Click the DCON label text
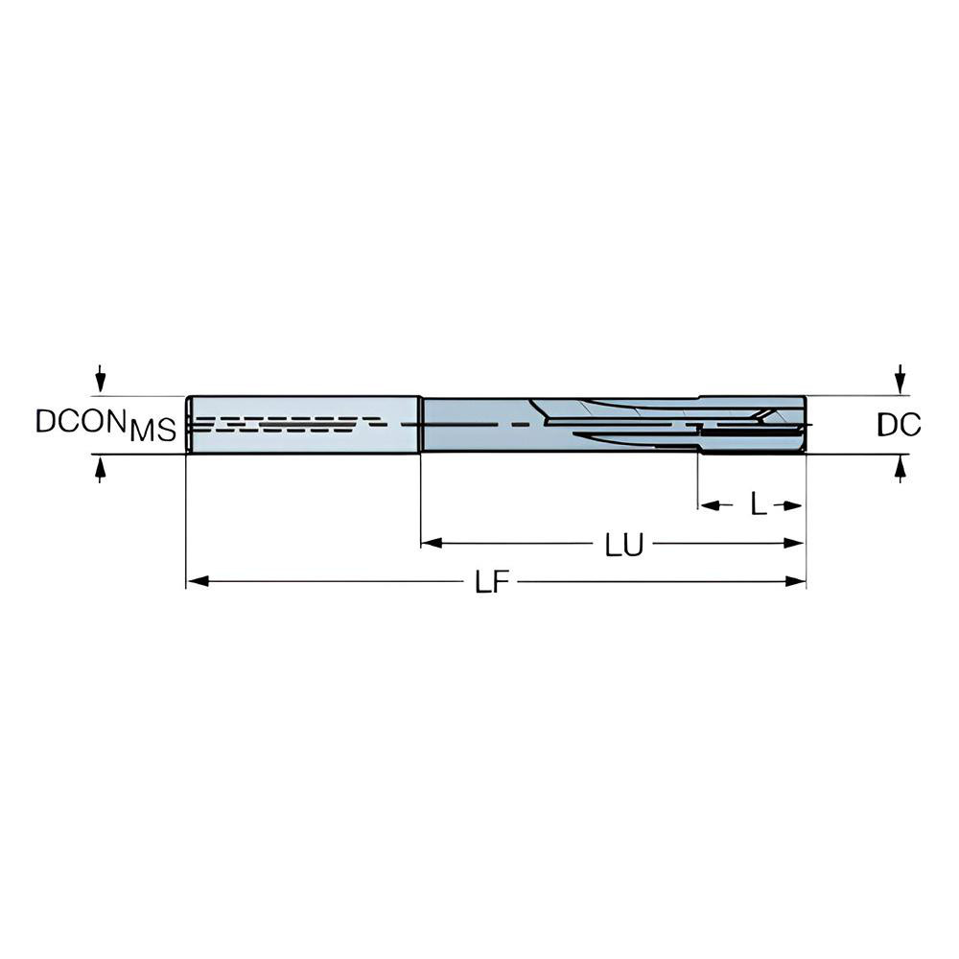click(82, 420)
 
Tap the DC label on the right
click(899, 425)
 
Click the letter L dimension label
click(758, 505)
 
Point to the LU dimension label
click(623, 546)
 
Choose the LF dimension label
click(492, 583)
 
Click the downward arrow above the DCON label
click(100, 379)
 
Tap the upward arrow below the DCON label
click(100, 469)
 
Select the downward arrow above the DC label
click(900, 378)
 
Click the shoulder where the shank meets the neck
click(420, 424)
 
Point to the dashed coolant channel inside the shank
click(288, 423)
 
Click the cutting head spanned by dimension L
click(753, 424)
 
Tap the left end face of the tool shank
click(188, 424)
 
